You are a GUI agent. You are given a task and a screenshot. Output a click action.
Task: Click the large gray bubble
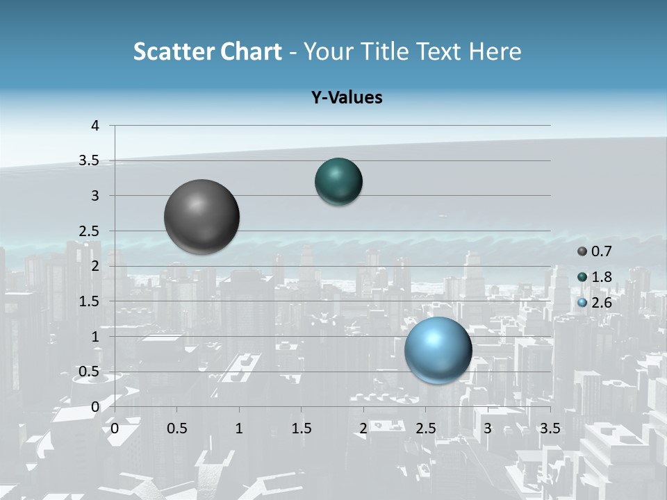click(202, 217)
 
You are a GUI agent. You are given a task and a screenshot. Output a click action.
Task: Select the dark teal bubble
click(338, 182)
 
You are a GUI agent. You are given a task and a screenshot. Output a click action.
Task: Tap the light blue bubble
click(438, 350)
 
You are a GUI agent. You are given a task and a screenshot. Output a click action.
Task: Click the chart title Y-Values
click(347, 98)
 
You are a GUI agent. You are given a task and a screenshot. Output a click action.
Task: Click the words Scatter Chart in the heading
click(208, 51)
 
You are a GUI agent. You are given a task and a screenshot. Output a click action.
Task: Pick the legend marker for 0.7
click(582, 251)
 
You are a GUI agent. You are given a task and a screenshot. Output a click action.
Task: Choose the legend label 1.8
click(601, 277)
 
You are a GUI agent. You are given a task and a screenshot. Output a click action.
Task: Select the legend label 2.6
click(601, 303)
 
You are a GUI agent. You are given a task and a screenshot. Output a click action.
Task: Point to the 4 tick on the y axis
click(95, 126)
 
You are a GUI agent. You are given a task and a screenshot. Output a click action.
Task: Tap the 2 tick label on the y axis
click(95, 266)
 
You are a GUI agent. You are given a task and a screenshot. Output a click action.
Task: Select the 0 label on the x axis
click(115, 428)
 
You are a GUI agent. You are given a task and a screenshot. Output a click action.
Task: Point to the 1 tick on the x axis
click(239, 428)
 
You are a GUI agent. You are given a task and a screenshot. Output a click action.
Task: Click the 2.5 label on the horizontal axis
click(426, 428)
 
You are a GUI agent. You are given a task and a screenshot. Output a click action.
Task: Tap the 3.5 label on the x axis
click(550, 428)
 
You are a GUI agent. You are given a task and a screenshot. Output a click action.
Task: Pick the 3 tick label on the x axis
click(488, 428)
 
